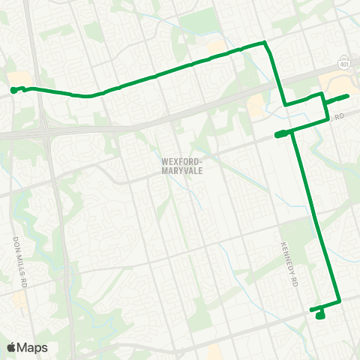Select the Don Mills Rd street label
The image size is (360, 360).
pyautogui.click(x=19, y=257)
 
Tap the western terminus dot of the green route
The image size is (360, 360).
pyautogui.click(x=13, y=91)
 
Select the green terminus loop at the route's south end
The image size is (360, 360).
pyautogui.click(x=320, y=315)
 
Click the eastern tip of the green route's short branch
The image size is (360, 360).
pyautogui.click(x=347, y=96)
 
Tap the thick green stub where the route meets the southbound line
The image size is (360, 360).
pyautogui.click(x=282, y=134)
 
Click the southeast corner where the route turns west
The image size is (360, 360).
pyautogui.click(x=340, y=301)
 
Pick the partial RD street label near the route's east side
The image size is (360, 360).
pyautogui.click(x=339, y=118)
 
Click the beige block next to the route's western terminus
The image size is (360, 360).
pyautogui.click(x=22, y=79)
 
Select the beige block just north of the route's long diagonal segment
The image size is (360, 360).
pyautogui.click(x=217, y=47)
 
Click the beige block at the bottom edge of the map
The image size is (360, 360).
pyautogui.click(x=215, y=351)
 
